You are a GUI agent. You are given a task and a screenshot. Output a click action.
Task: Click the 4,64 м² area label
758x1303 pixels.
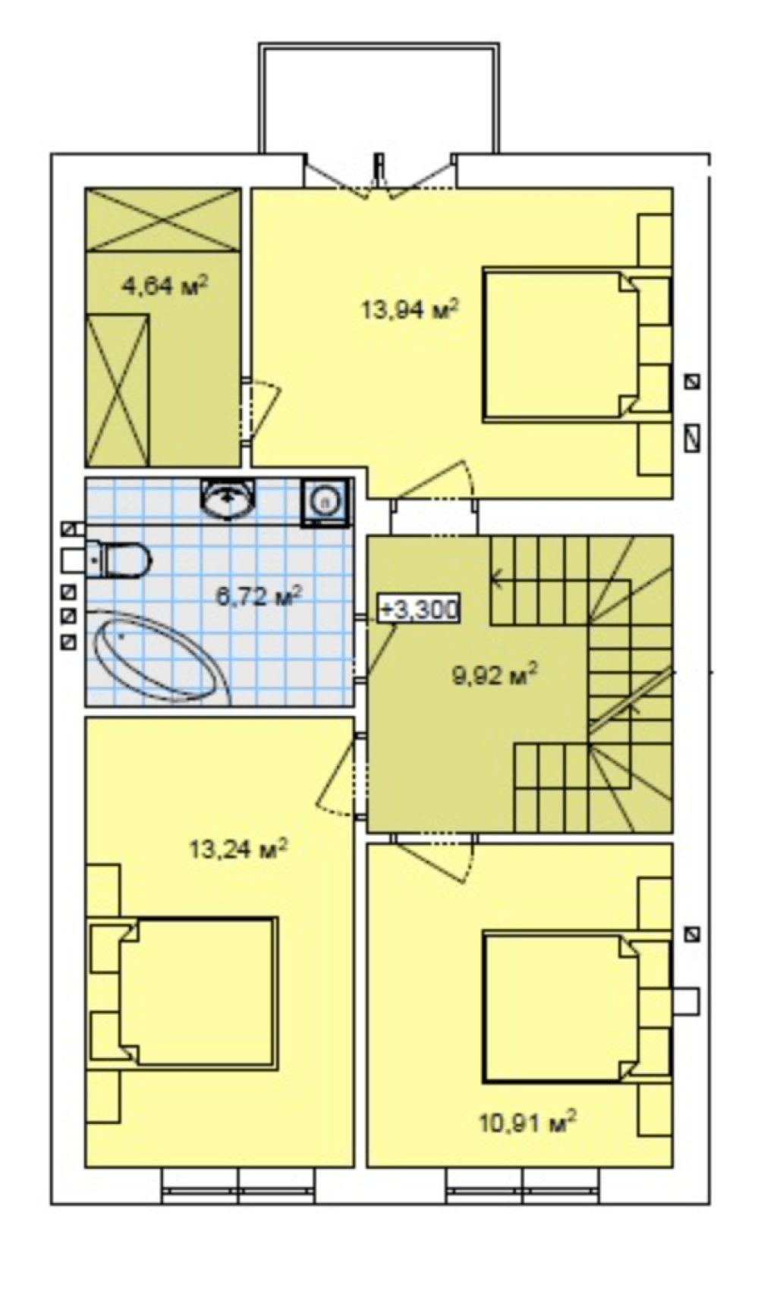point(165,286)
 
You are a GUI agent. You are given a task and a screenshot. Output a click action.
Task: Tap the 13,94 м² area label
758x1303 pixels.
point(410,309)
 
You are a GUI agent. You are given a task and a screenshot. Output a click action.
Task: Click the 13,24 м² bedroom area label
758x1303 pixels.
point(237,849)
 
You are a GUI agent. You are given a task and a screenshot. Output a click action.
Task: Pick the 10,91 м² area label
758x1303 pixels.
point(527,1120)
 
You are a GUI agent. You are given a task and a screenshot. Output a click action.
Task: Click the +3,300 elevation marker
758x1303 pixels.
point(419,609)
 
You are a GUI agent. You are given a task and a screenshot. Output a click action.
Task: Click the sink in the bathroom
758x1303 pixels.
point(228,499)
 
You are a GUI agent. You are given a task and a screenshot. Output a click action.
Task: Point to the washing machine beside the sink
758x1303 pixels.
point(326,501)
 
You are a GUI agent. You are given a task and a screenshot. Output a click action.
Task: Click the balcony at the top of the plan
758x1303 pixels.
point(379,99)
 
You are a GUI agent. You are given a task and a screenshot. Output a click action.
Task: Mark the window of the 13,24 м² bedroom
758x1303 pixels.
point(238,1185)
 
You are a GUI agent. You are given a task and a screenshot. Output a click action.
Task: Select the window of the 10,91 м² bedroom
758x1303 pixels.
point(523,1185)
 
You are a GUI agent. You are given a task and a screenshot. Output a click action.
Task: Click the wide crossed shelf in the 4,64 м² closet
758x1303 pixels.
point(162,219)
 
